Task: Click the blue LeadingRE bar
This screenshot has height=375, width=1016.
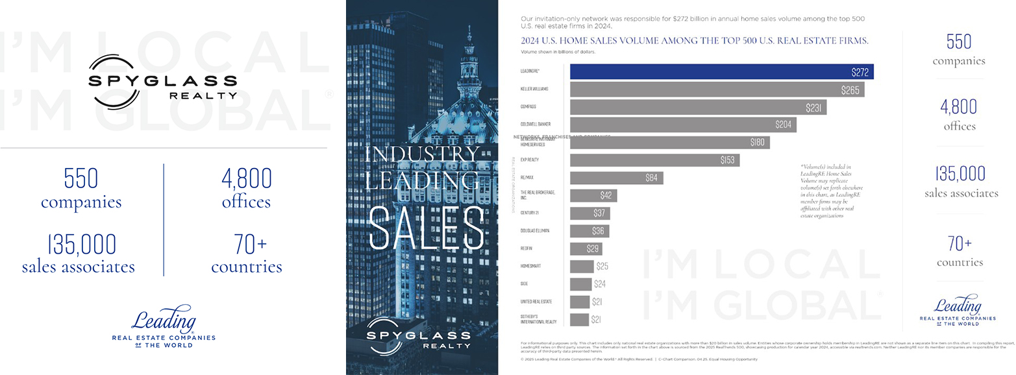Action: click(x=721, y=71)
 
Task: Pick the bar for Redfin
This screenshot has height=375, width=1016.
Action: click(x=586, y=248)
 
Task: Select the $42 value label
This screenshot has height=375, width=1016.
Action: click(x=606, y=195)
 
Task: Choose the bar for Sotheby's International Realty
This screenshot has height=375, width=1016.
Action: click(x=579, y=319)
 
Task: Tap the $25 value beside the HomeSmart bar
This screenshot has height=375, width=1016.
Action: click(x=602, y=266)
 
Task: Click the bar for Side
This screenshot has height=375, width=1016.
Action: click(x=580, y=284)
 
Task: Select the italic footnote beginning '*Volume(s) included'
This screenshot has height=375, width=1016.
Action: click(x=832, y=191)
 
